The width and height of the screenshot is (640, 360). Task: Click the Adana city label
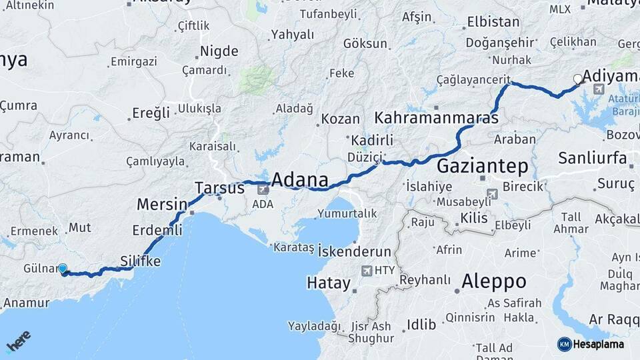[300, 180]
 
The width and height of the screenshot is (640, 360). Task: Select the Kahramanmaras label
[437, 119]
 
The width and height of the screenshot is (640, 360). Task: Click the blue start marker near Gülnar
[63, 269]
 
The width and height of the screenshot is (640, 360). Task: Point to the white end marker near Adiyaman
[578, 79]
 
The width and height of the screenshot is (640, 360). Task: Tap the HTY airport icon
[367, 271]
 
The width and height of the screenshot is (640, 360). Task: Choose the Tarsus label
[219, 188]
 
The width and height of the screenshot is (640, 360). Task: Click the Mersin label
[161, 203]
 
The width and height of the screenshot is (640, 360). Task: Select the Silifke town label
[140, 261]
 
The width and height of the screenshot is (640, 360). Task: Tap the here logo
[18, 341]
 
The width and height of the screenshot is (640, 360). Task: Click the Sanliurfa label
[592, 158]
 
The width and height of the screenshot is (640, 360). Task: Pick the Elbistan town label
[493, 22]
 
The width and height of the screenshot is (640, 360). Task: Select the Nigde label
[219, 51]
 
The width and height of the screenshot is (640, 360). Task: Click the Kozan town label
[340, 119]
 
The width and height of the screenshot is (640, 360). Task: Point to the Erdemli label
[157, 230]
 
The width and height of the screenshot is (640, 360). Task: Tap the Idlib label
[421, 325]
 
